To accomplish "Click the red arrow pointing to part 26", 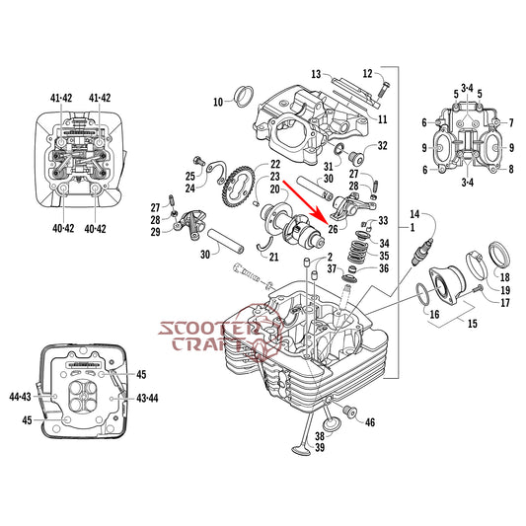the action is (303, 202).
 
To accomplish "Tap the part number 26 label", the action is (334, 229).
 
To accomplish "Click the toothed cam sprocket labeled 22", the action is (238, 186).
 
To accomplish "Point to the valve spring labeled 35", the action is (357, 252).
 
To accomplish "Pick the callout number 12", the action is (368, 73).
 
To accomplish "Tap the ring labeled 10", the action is (244, 97).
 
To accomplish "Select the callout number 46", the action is (370, 422).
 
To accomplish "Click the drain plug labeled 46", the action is (349, 412).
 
